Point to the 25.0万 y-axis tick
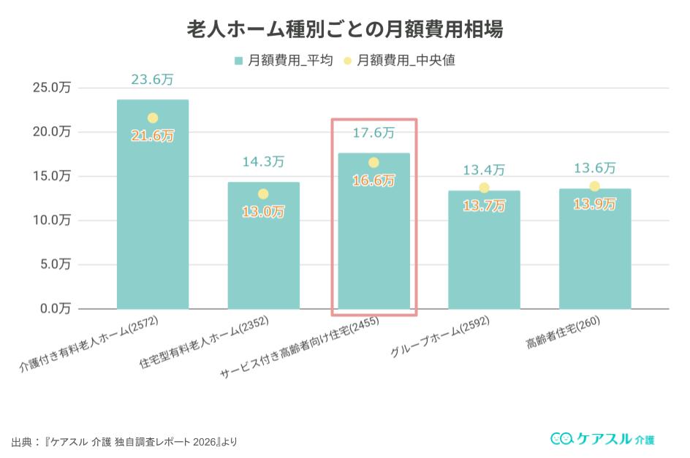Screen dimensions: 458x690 52,88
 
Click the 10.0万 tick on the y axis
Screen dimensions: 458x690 52,220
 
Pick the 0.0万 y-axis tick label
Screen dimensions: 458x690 55,308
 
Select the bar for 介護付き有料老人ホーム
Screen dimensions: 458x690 153,219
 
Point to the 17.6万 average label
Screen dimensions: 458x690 374,133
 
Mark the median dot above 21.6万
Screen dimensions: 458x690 153,118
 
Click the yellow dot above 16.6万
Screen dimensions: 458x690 374,162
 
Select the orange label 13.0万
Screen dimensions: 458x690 263,212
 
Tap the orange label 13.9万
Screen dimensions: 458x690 594,205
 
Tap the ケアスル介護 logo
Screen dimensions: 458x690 602,439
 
